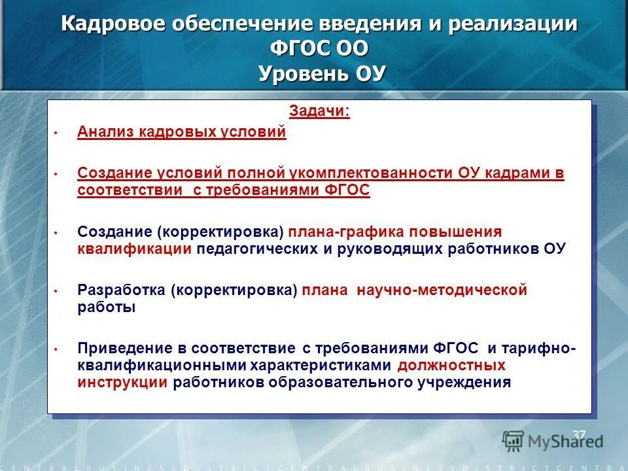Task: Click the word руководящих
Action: coord(402,249)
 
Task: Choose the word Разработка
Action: coord(121,290)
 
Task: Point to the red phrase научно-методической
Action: coord(442,290)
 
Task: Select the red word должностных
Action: coord(451,366)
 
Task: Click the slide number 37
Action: coord(578,435)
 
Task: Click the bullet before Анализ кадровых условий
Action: coord(56,133)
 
